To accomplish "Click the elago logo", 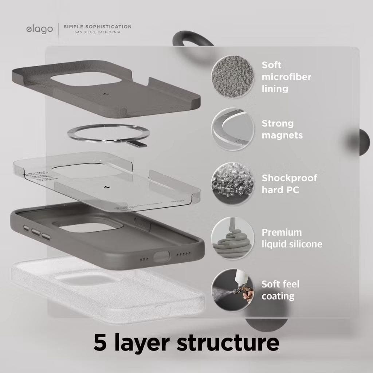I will pos(39,29).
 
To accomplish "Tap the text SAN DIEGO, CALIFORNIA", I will pos(97,32).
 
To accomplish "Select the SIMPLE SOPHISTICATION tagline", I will pos(97,27).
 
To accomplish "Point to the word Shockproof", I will pos(289,178).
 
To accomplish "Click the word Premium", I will pos(282,232).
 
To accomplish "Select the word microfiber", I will pos(286,77).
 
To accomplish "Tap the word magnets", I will pos(282,136).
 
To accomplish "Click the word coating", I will pos(278,296).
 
